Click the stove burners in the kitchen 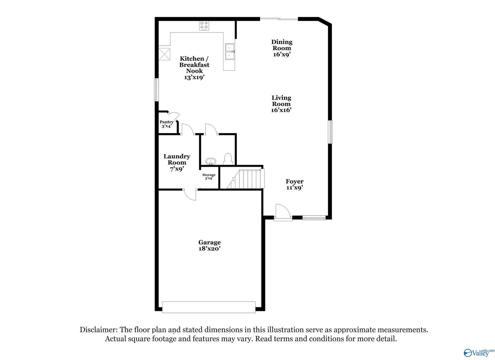coord(204,26)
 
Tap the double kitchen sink coord(230,52)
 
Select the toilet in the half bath coord(228,159)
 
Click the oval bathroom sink coord(211,161)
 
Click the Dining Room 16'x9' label coord(282,48)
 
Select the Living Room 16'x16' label coord(281,104)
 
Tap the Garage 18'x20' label coord(210,245)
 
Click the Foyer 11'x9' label coord(295,184)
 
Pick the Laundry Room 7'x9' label coord(177,163)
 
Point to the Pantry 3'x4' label coord(167,124)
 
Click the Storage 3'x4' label coord(209,177)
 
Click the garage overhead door coord(209,307)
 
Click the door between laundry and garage coord(190,195)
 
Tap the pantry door coord(174,117)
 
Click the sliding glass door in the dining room coord(279,19)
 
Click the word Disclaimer coord(99,330)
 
